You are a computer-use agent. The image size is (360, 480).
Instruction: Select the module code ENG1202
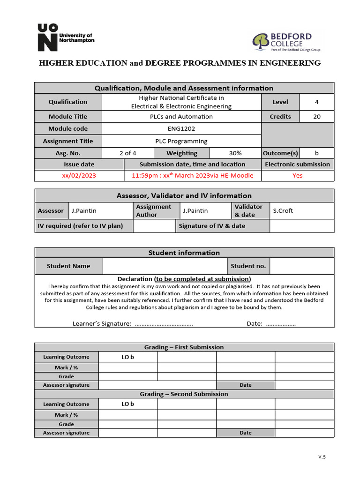click(181, 128)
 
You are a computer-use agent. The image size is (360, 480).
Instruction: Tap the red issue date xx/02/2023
click(79, 175)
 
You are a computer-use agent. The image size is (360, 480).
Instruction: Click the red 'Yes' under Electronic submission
click(297, 175)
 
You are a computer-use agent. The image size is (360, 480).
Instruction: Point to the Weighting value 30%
click(235, 153)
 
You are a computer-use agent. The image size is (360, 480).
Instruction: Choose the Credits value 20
click(317, 116)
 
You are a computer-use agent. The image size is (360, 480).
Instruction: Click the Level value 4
click(317, 102)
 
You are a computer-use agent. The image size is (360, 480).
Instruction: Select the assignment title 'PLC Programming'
click(181, 141)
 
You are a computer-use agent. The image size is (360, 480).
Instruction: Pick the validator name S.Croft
click(283, 210)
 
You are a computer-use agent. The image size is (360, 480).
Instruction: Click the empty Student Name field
click(165, 266)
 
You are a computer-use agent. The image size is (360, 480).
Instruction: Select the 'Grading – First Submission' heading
click(184, 347)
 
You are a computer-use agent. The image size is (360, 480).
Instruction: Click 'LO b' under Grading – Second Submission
click(128, 404)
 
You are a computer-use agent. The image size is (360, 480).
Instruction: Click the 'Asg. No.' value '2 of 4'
click(128, 153)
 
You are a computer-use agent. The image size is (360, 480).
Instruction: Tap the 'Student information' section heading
click(184, 253)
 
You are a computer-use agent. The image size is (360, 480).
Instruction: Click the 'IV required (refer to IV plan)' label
click(80, 225)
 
